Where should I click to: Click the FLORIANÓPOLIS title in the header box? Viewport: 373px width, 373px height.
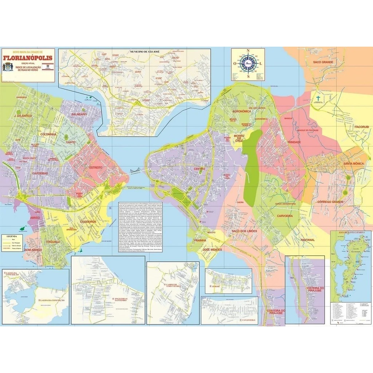(28, 58)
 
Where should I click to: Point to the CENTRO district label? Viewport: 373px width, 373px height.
(199, 169)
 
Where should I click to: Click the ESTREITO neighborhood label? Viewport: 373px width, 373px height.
(96, 168)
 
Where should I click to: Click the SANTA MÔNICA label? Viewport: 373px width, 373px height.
(353, 164)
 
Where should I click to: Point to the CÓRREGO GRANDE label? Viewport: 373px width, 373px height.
(330, 201)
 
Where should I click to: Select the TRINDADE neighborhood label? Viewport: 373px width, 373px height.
(294, 142)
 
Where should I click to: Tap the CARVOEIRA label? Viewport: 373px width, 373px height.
(285, 216)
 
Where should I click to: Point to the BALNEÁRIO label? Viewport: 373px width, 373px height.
(79, 114)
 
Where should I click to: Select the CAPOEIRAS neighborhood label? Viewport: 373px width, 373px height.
(40, 173)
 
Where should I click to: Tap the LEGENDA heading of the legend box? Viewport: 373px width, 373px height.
(12, 236)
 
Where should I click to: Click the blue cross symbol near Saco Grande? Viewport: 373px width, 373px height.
(318, 98)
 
